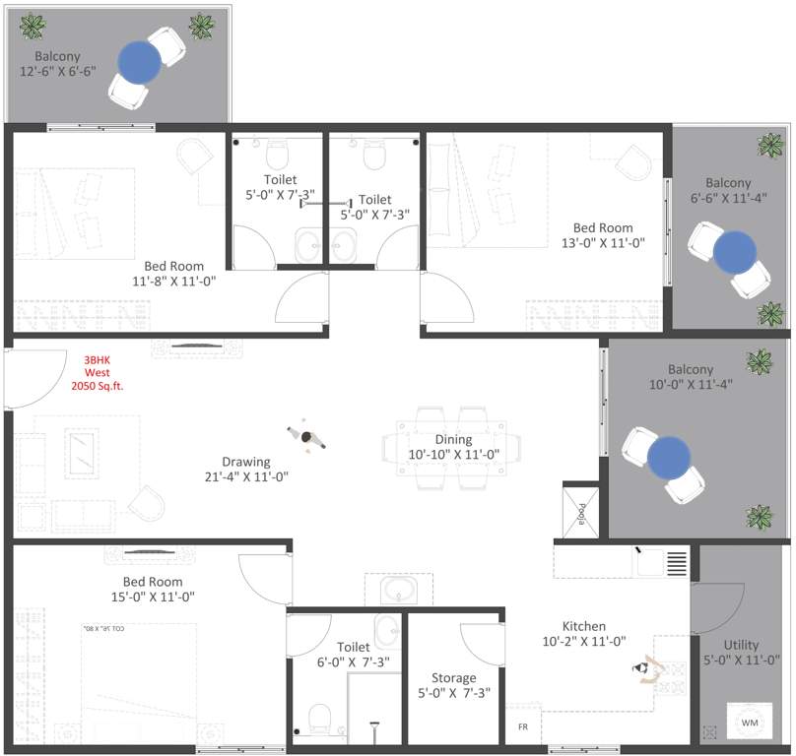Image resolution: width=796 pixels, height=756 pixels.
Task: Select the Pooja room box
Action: (x=578, y=510)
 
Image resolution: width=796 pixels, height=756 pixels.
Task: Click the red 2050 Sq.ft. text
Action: (x=98, y=387)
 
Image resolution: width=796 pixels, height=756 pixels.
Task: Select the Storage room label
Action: (x=453, y=678)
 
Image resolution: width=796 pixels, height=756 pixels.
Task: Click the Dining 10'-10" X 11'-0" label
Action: (x=454, y=447)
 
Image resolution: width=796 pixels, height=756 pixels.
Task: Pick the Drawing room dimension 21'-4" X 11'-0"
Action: (x=246, y=476)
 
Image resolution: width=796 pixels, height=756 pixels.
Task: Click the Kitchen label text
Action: (x=583, y=626)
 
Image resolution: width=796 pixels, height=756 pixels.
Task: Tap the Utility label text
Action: (x=741, y=646)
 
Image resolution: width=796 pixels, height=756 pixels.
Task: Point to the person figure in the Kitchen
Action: (x=645, y=669)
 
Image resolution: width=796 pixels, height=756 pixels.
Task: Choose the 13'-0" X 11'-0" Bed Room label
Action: (x=602, y=235)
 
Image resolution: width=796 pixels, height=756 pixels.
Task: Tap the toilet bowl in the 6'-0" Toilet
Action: (x=320, y=717)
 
